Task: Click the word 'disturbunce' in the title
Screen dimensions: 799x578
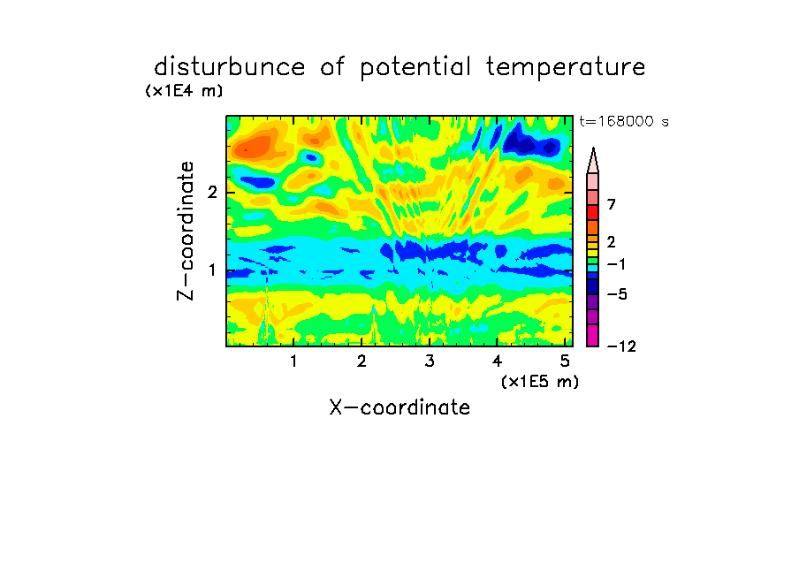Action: [230, 66]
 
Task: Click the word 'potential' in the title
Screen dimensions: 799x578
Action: [415, 68]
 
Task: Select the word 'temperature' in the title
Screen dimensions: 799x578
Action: [566, 68]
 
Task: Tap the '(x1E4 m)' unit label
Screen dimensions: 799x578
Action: [184, 91]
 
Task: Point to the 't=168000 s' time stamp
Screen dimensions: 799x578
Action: [624, 121]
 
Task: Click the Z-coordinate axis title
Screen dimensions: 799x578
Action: [186, 231]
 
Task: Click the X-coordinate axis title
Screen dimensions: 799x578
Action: [399, 407]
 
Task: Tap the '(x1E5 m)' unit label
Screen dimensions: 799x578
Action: [540, 382]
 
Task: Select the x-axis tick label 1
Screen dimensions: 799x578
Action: [293, 361]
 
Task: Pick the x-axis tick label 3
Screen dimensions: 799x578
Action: [430, 361]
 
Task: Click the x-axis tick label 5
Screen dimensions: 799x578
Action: [565, 361]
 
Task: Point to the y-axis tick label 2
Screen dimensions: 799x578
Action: [212, 193]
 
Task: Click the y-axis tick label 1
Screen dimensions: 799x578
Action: [212, 270]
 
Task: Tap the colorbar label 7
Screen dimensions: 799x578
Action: [612, 205]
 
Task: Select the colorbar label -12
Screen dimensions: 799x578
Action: [621, 346]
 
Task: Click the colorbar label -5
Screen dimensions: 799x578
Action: [617, 294]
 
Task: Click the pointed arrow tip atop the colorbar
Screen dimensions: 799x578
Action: [593, 148]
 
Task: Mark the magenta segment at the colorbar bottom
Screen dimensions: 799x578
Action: [593, 335]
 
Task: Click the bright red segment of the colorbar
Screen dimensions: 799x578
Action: [593, 212]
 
